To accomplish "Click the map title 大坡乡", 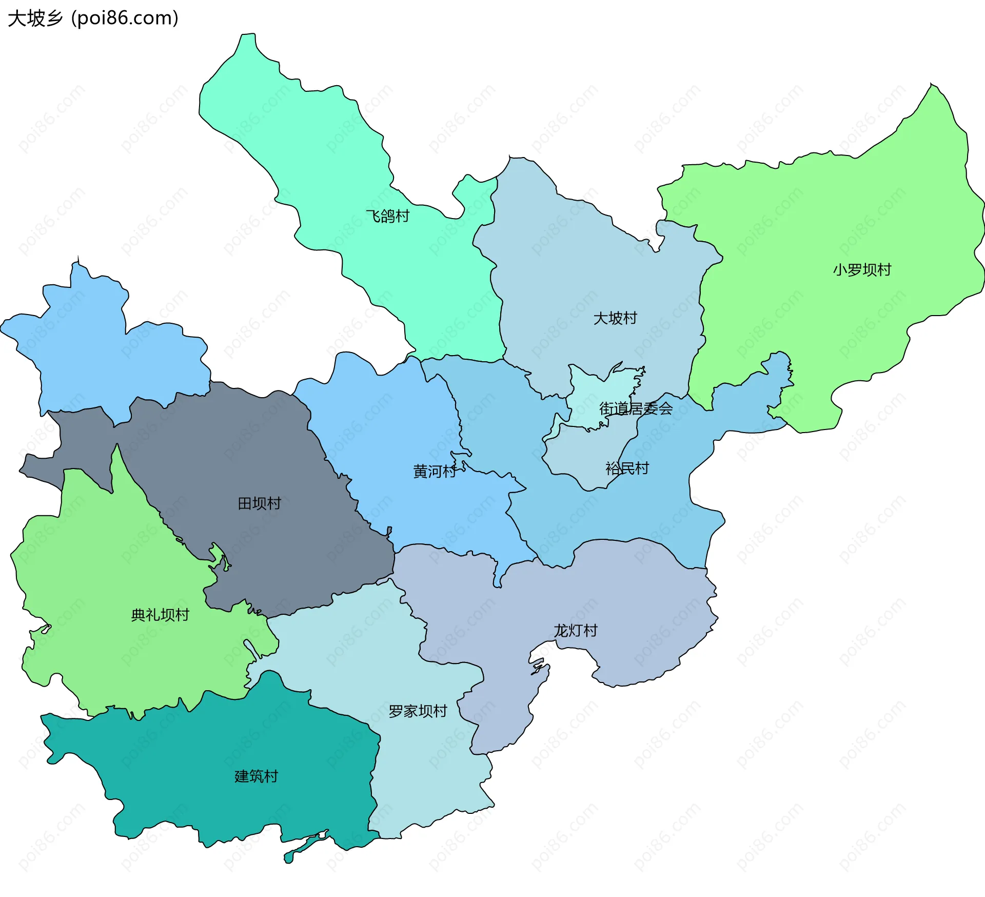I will (35, 18).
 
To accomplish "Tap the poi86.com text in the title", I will (125, 18).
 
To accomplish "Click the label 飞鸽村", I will (387, 216).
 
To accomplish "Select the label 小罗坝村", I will (862, 270).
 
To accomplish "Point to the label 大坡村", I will (615, 318).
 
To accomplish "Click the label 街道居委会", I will (636, 408).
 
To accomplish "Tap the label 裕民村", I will (627, 468).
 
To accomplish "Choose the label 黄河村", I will (435, 471).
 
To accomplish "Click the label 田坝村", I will (259, 503).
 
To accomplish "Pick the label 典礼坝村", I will (160, 615).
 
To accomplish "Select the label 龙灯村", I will (575, 630).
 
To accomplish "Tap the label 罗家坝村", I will (418, 711).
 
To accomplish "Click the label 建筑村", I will (256, 776).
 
